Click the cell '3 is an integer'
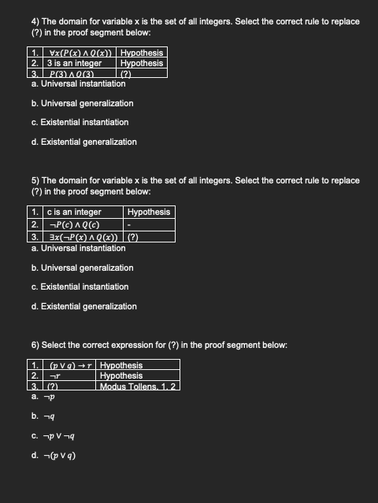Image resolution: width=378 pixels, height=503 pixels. coord(74,63)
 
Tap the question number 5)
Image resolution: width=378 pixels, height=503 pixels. coord(36,180)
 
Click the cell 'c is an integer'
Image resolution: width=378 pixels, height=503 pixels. coord(74,212)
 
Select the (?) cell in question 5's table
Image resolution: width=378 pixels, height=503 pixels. coord(133,237)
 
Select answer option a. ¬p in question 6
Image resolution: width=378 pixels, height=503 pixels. coord(43,396)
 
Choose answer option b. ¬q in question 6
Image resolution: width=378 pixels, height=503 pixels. coord(43,416)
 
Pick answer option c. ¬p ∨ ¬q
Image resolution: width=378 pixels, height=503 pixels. coord(51,435)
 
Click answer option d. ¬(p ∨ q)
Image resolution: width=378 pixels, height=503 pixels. coord(54,454)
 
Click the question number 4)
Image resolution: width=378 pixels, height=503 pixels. coord(36,21)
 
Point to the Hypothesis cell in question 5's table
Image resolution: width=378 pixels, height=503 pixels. coord(148,212)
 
